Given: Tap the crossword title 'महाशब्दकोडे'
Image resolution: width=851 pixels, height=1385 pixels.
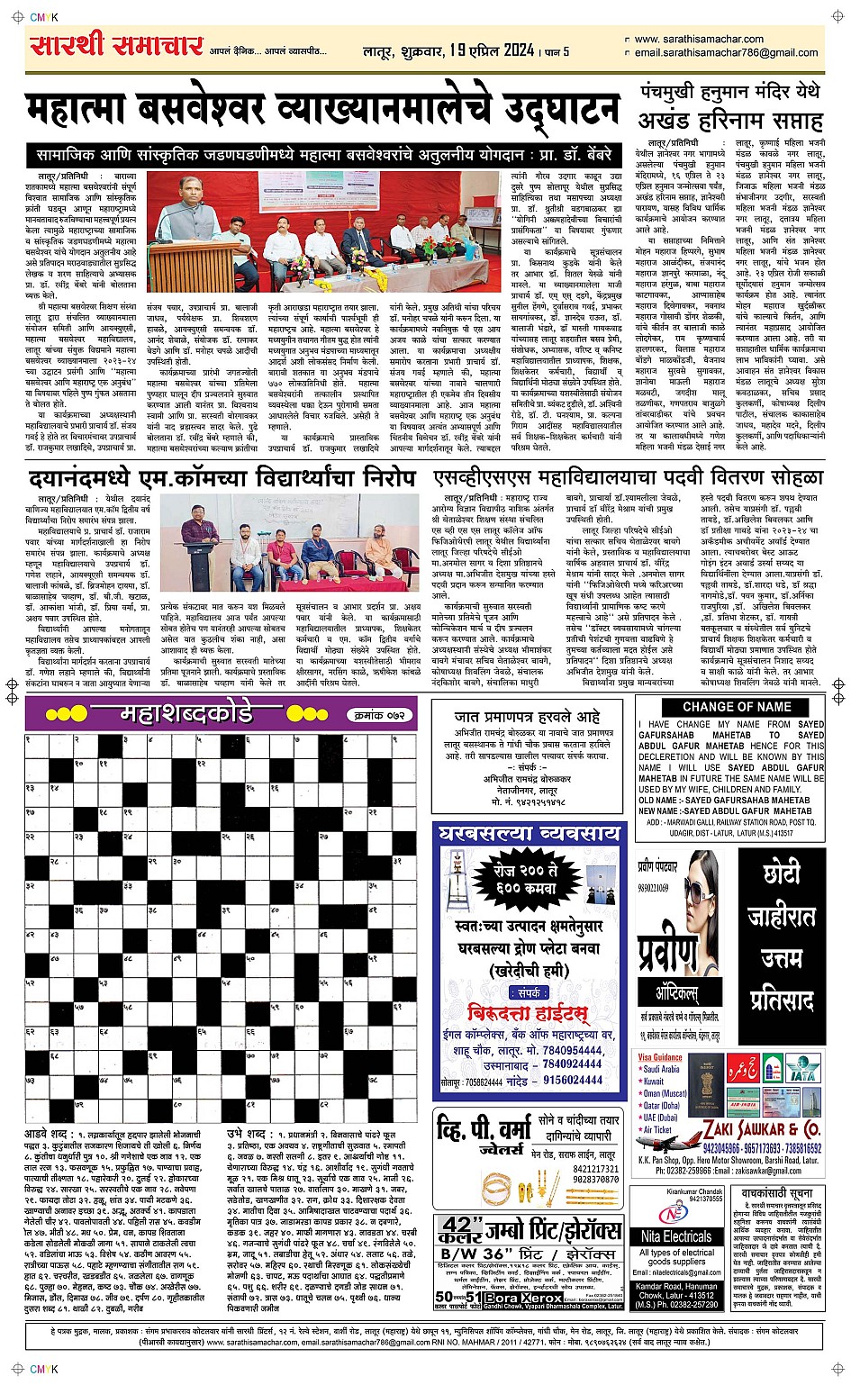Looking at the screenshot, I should pyautogui.click(x=187, y=714).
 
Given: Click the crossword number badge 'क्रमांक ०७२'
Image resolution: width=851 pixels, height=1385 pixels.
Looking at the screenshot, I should pyautogui.click(x=379, y=715).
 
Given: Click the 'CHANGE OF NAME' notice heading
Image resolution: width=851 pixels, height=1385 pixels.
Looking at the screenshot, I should pyautogui.click(x=736, y=707).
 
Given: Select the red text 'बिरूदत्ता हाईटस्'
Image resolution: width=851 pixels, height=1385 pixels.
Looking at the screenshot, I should pyautogui.click(x=529, y=1010).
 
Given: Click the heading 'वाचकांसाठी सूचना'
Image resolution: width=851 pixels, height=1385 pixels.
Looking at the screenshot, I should pyautogui.click(x=776, y=1192).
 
